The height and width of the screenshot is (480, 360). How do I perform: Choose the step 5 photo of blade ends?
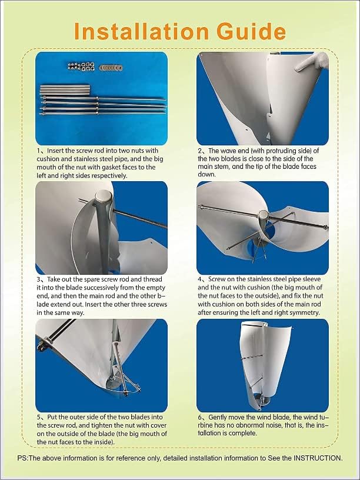pos(101,365)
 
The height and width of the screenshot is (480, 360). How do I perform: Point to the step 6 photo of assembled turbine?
pos(262,365)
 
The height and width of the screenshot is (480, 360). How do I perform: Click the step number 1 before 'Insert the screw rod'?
pos(39,151)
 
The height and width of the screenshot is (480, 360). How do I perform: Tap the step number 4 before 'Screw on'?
pos(201,279)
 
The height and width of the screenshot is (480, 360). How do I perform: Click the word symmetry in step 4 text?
pos(300,312)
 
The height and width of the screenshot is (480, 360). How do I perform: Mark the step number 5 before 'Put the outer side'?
pos(39,417)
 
